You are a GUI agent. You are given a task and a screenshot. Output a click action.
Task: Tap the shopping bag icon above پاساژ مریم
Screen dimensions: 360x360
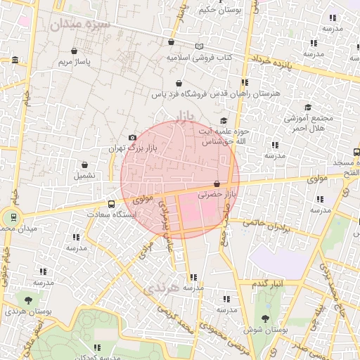[75, 51]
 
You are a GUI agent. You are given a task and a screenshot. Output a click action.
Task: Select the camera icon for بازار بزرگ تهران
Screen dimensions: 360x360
[132, 137]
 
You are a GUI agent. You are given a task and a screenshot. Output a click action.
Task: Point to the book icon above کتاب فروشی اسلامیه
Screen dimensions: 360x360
[199, 46]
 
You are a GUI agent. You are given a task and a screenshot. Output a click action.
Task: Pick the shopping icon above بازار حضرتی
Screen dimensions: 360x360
[225, 184]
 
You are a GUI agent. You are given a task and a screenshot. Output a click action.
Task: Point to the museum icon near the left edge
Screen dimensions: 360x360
[15, 61]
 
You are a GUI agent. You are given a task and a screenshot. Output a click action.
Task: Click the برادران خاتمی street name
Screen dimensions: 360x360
[266, 226]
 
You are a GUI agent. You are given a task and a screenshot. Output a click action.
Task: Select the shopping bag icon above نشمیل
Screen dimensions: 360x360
[84, 165]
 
